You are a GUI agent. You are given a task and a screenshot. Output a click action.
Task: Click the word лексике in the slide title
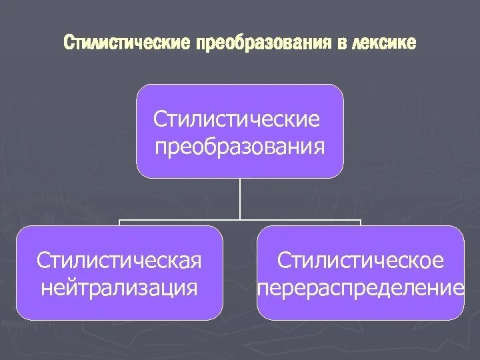385,43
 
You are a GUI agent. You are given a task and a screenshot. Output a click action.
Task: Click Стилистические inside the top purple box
236,120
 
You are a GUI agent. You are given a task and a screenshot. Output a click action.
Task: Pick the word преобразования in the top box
240,145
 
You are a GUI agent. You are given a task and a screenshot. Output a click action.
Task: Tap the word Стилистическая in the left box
119,260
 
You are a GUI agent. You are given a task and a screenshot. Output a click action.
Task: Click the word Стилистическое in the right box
361,260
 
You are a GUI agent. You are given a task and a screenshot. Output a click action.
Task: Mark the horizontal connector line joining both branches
180,219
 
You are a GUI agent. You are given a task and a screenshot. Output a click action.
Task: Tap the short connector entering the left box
120,223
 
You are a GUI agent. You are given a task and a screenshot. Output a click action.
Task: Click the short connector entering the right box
361,223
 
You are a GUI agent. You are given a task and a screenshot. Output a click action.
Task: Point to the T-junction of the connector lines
240,219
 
